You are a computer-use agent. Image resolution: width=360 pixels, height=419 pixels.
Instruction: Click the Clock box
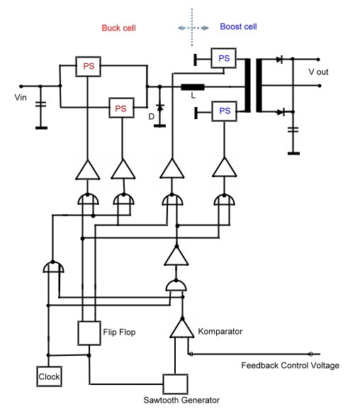point(49,376)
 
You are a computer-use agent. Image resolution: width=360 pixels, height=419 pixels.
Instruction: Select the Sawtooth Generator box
point(176,384)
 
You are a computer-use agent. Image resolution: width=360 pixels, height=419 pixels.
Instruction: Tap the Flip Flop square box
point(89,333)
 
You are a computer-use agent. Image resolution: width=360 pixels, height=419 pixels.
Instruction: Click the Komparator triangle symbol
point(182,329)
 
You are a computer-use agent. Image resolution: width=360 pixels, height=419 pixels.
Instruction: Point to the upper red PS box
point(88,66)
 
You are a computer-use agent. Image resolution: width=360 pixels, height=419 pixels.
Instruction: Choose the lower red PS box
point(121,108)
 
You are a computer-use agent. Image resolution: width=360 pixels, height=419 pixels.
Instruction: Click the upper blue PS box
point(223,58)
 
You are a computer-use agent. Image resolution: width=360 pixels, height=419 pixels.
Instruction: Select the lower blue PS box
point(225,111)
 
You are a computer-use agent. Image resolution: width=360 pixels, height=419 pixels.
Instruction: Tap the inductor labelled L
point(193,87)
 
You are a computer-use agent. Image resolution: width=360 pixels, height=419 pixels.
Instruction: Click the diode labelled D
point(160,108)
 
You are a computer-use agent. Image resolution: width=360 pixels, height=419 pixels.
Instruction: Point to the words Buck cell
point(118,28)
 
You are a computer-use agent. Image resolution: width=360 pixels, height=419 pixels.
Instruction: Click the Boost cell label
point(238,26)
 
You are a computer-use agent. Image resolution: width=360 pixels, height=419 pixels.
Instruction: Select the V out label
point(318,72)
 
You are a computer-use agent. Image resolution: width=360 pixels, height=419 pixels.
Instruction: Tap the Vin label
point(21,97)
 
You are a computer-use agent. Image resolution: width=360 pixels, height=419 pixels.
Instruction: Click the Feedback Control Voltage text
point(291,365)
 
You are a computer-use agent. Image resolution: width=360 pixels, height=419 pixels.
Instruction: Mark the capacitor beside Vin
point(40,104)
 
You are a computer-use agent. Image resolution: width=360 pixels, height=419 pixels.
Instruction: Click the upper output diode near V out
point(280,60)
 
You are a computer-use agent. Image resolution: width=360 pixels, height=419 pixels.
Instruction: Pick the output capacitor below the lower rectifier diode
point(293,130)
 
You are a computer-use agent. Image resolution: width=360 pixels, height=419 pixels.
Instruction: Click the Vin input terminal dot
point(21,86)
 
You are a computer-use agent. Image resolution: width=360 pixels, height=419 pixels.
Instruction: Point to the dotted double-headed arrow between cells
point(193,28)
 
